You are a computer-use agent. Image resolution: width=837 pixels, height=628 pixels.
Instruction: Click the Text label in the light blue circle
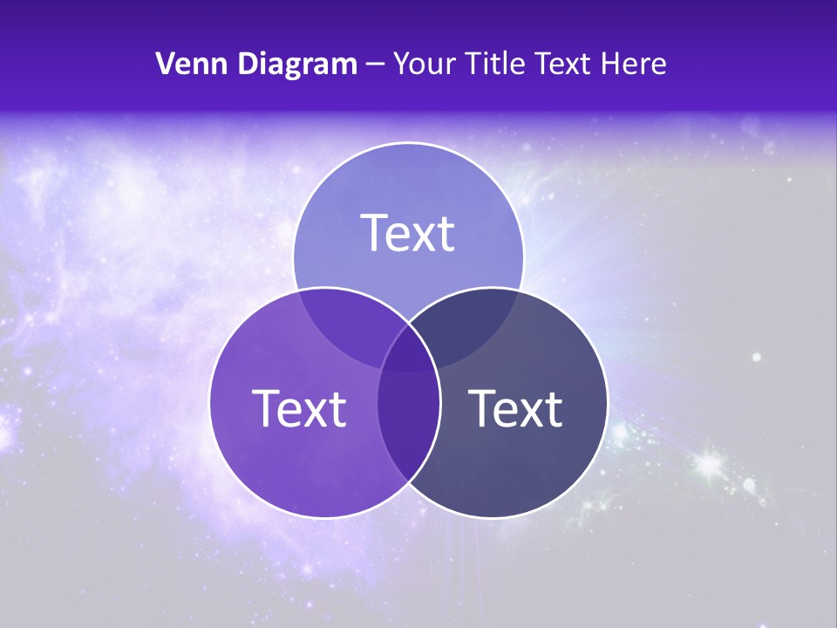click(408, 233)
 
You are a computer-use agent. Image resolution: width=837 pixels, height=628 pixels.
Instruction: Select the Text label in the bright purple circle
click(299, 408)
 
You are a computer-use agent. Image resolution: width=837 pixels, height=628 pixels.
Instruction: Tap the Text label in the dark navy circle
click(515, 408)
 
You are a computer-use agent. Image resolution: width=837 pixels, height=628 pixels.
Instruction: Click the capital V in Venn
click(166, 64)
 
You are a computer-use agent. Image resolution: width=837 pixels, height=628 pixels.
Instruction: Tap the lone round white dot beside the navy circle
click(757, 357)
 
